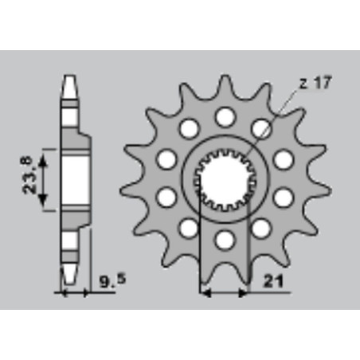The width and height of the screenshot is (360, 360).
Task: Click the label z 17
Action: (315, 83)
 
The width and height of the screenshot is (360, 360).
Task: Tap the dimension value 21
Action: (273, 281)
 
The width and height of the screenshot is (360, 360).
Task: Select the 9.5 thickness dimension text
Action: (112, 281)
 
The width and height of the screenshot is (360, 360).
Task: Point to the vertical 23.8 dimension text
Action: (27, 175)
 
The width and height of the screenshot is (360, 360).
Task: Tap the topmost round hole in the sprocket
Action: (225, 117)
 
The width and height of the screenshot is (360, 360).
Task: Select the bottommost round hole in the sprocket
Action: (225, 241)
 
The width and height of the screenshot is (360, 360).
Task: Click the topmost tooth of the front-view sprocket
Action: (225, 85)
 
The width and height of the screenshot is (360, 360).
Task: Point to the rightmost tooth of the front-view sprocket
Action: (322, 190)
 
